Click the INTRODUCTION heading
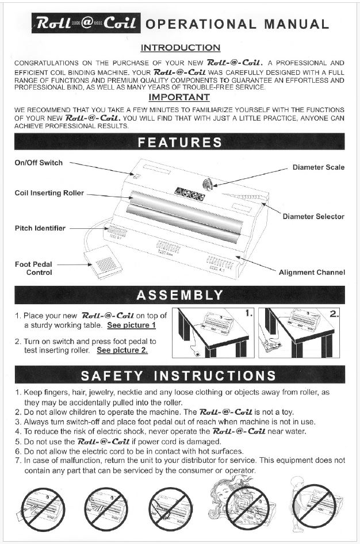coord(180,48)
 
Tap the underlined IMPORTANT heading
coord(180,98)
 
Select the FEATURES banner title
coord(180,142)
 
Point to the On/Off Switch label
coord(39,163)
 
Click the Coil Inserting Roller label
coord(49,193)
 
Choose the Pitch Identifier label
coord(40,228)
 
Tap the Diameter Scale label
coord(319,167)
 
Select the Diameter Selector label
coord(313,217)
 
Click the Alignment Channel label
coord(312,272)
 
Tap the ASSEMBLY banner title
coord(180,296)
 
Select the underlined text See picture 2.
coord(122,350)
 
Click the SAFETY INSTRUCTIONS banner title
coord(180,376)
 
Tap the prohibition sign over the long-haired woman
coord(248,507)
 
